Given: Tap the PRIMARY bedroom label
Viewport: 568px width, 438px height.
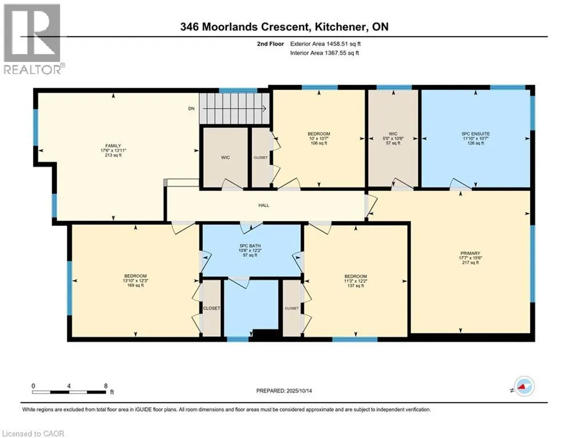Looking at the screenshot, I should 471,253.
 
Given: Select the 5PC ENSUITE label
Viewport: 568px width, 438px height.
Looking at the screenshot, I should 476,133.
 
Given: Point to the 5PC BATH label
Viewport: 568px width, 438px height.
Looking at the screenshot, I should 251,246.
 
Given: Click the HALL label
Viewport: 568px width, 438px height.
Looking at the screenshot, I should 263,205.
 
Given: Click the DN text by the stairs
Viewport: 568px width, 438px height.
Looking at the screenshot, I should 192,108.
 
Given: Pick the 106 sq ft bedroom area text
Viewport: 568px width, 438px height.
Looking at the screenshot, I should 318,143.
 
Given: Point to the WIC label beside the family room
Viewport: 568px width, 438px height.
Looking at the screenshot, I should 226,157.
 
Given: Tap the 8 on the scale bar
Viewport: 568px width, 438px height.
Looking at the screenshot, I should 106,386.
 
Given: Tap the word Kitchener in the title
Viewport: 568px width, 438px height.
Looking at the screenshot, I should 334,27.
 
